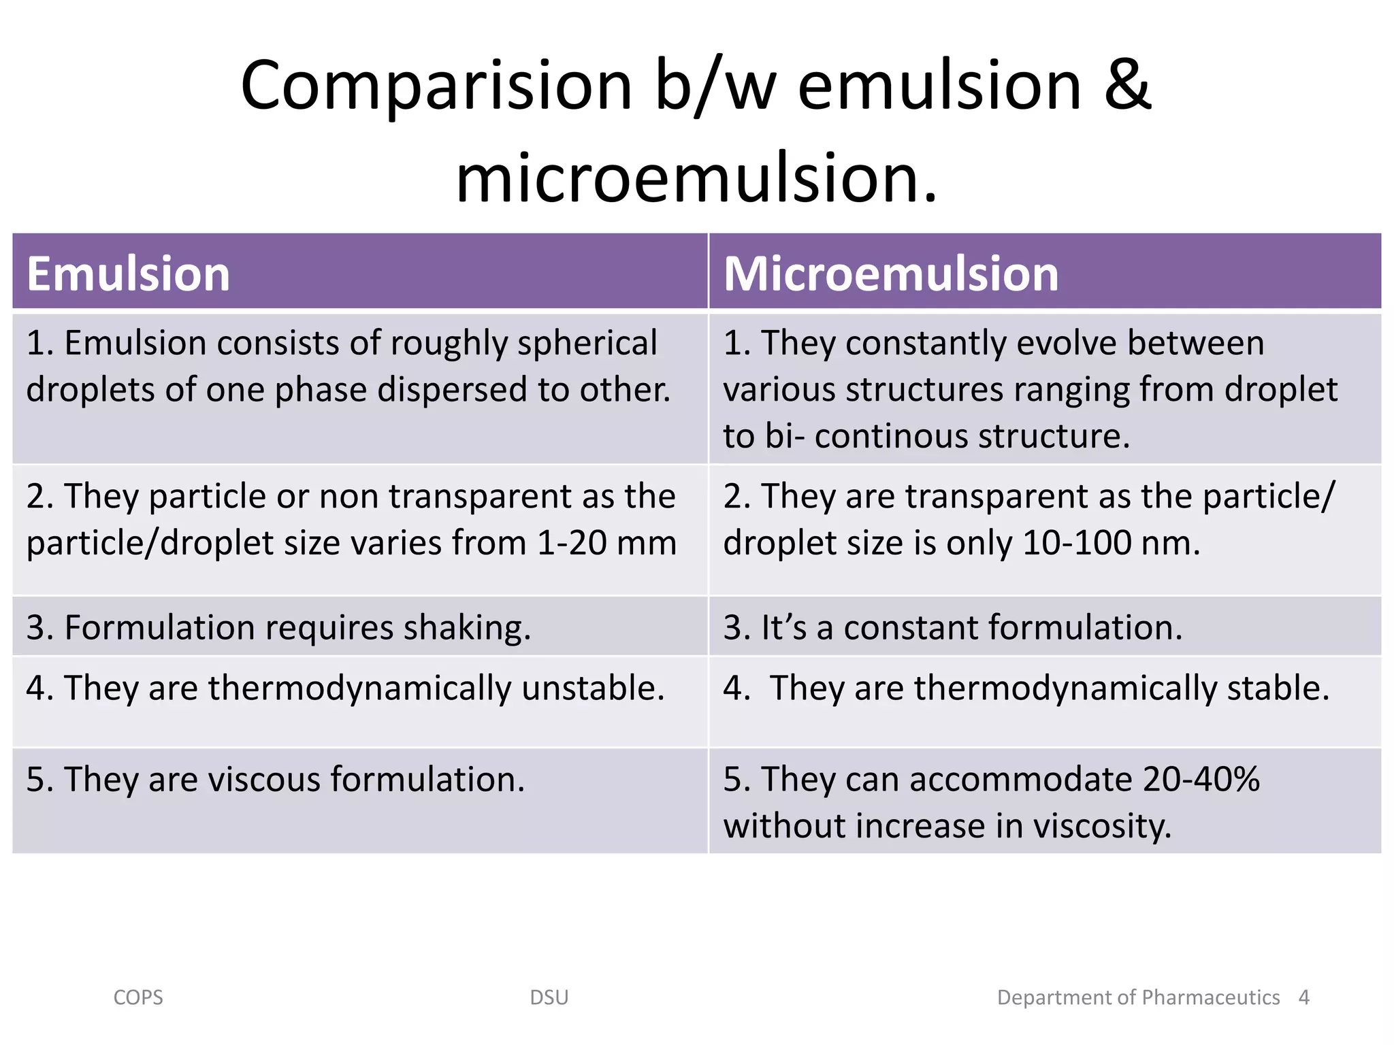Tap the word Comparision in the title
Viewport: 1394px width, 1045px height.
click(436, 86)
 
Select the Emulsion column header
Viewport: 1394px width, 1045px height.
click(129, 274)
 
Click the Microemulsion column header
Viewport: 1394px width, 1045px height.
click(890, 274)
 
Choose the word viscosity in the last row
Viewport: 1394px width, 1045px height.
click(1102, 826)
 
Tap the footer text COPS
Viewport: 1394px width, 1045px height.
click(138, 997)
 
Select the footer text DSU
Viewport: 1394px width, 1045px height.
click(549, 997)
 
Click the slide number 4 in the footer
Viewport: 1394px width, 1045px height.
click(1303, 997)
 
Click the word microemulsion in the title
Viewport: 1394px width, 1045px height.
click(696, 178)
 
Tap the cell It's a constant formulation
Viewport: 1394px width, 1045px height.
click(952, 627)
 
